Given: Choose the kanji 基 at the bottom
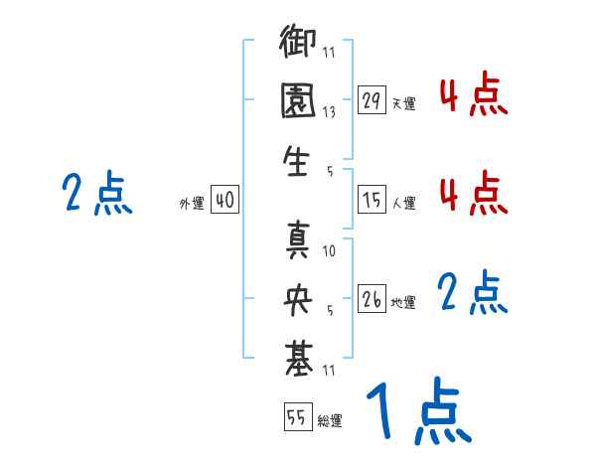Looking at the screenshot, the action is [299, 354].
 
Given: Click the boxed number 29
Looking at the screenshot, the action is [372, 100].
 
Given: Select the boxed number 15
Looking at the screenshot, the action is [372, 200].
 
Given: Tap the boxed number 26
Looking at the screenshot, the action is [372, 299].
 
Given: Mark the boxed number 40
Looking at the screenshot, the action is [224, 200].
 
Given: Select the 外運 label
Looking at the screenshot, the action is [191, 203].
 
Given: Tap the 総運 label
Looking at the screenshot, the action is [330, 420].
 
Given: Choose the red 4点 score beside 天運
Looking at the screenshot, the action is [473, 95].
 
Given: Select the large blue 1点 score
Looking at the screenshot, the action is [417, 412].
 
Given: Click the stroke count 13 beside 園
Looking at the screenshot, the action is [329, 112].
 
